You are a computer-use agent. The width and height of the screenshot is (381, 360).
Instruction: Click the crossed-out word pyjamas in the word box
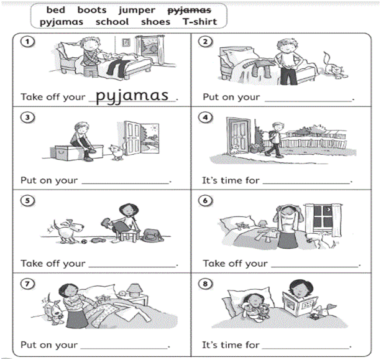tap(190, 10)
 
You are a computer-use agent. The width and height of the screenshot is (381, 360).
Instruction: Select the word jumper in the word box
tap(137, 11)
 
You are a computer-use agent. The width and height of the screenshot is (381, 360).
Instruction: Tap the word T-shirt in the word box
tap(200, 22)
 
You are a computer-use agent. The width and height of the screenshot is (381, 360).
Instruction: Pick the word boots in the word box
tap(92, 10)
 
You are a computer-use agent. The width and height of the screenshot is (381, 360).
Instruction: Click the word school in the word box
tap(112, 22)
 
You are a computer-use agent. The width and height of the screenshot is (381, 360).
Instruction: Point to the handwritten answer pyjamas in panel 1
tap(132, 96)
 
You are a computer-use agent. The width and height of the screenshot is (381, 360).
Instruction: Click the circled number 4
tap(205, 118)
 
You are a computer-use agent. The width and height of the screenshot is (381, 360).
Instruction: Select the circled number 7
tap(27, 284)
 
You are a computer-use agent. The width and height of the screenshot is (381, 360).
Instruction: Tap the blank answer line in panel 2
tap(308, 101)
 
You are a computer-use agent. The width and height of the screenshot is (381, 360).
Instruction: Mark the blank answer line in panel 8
tap(306, 348)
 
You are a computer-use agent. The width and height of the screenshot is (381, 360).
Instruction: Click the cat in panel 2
tap(334, 65)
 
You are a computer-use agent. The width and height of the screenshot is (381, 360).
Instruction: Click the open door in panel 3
tap(132, 138)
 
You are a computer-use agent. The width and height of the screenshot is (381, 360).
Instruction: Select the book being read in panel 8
tap(300, 303)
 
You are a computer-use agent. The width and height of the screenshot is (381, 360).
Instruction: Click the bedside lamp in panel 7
tap(134, 290)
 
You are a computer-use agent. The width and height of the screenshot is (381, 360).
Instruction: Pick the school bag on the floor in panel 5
tap(152, 236)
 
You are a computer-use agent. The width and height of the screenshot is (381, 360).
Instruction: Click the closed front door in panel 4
tap(238, 136)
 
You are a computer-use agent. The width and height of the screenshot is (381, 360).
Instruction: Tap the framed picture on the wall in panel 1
tap(126, 42)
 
